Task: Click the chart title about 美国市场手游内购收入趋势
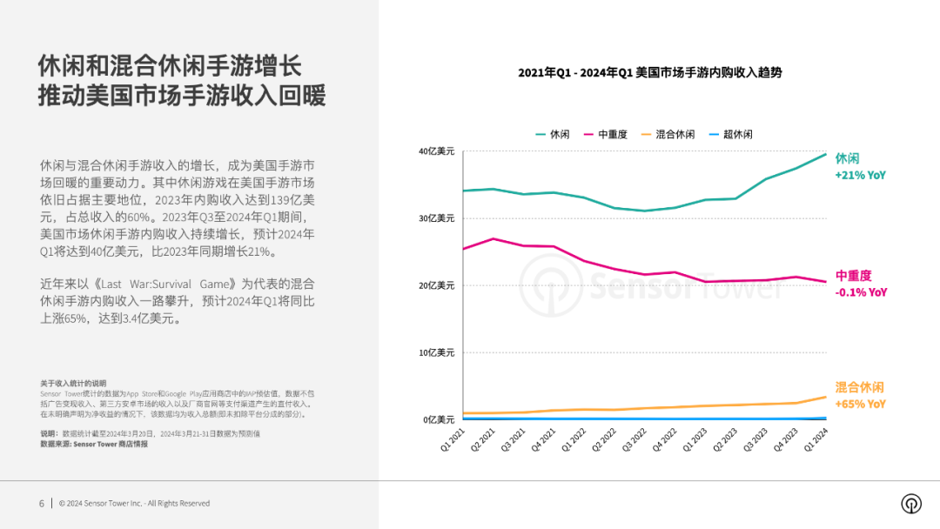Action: pos(650,73)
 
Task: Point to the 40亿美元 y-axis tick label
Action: pos(436,151)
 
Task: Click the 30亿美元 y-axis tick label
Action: pos(436,218)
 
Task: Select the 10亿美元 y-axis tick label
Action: pos(436,353)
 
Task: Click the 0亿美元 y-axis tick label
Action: pos(439,420)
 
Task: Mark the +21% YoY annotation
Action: pos(860,176)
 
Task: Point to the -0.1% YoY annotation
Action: pos(861,293)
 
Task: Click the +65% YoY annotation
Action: pos(860,405)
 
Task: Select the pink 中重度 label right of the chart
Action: pos(853,276)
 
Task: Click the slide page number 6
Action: pos(41,504)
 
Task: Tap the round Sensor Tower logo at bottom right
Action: pos(911,504)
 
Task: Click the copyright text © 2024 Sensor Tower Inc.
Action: pos(134,504)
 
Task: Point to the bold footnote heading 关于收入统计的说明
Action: pos(72,383)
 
